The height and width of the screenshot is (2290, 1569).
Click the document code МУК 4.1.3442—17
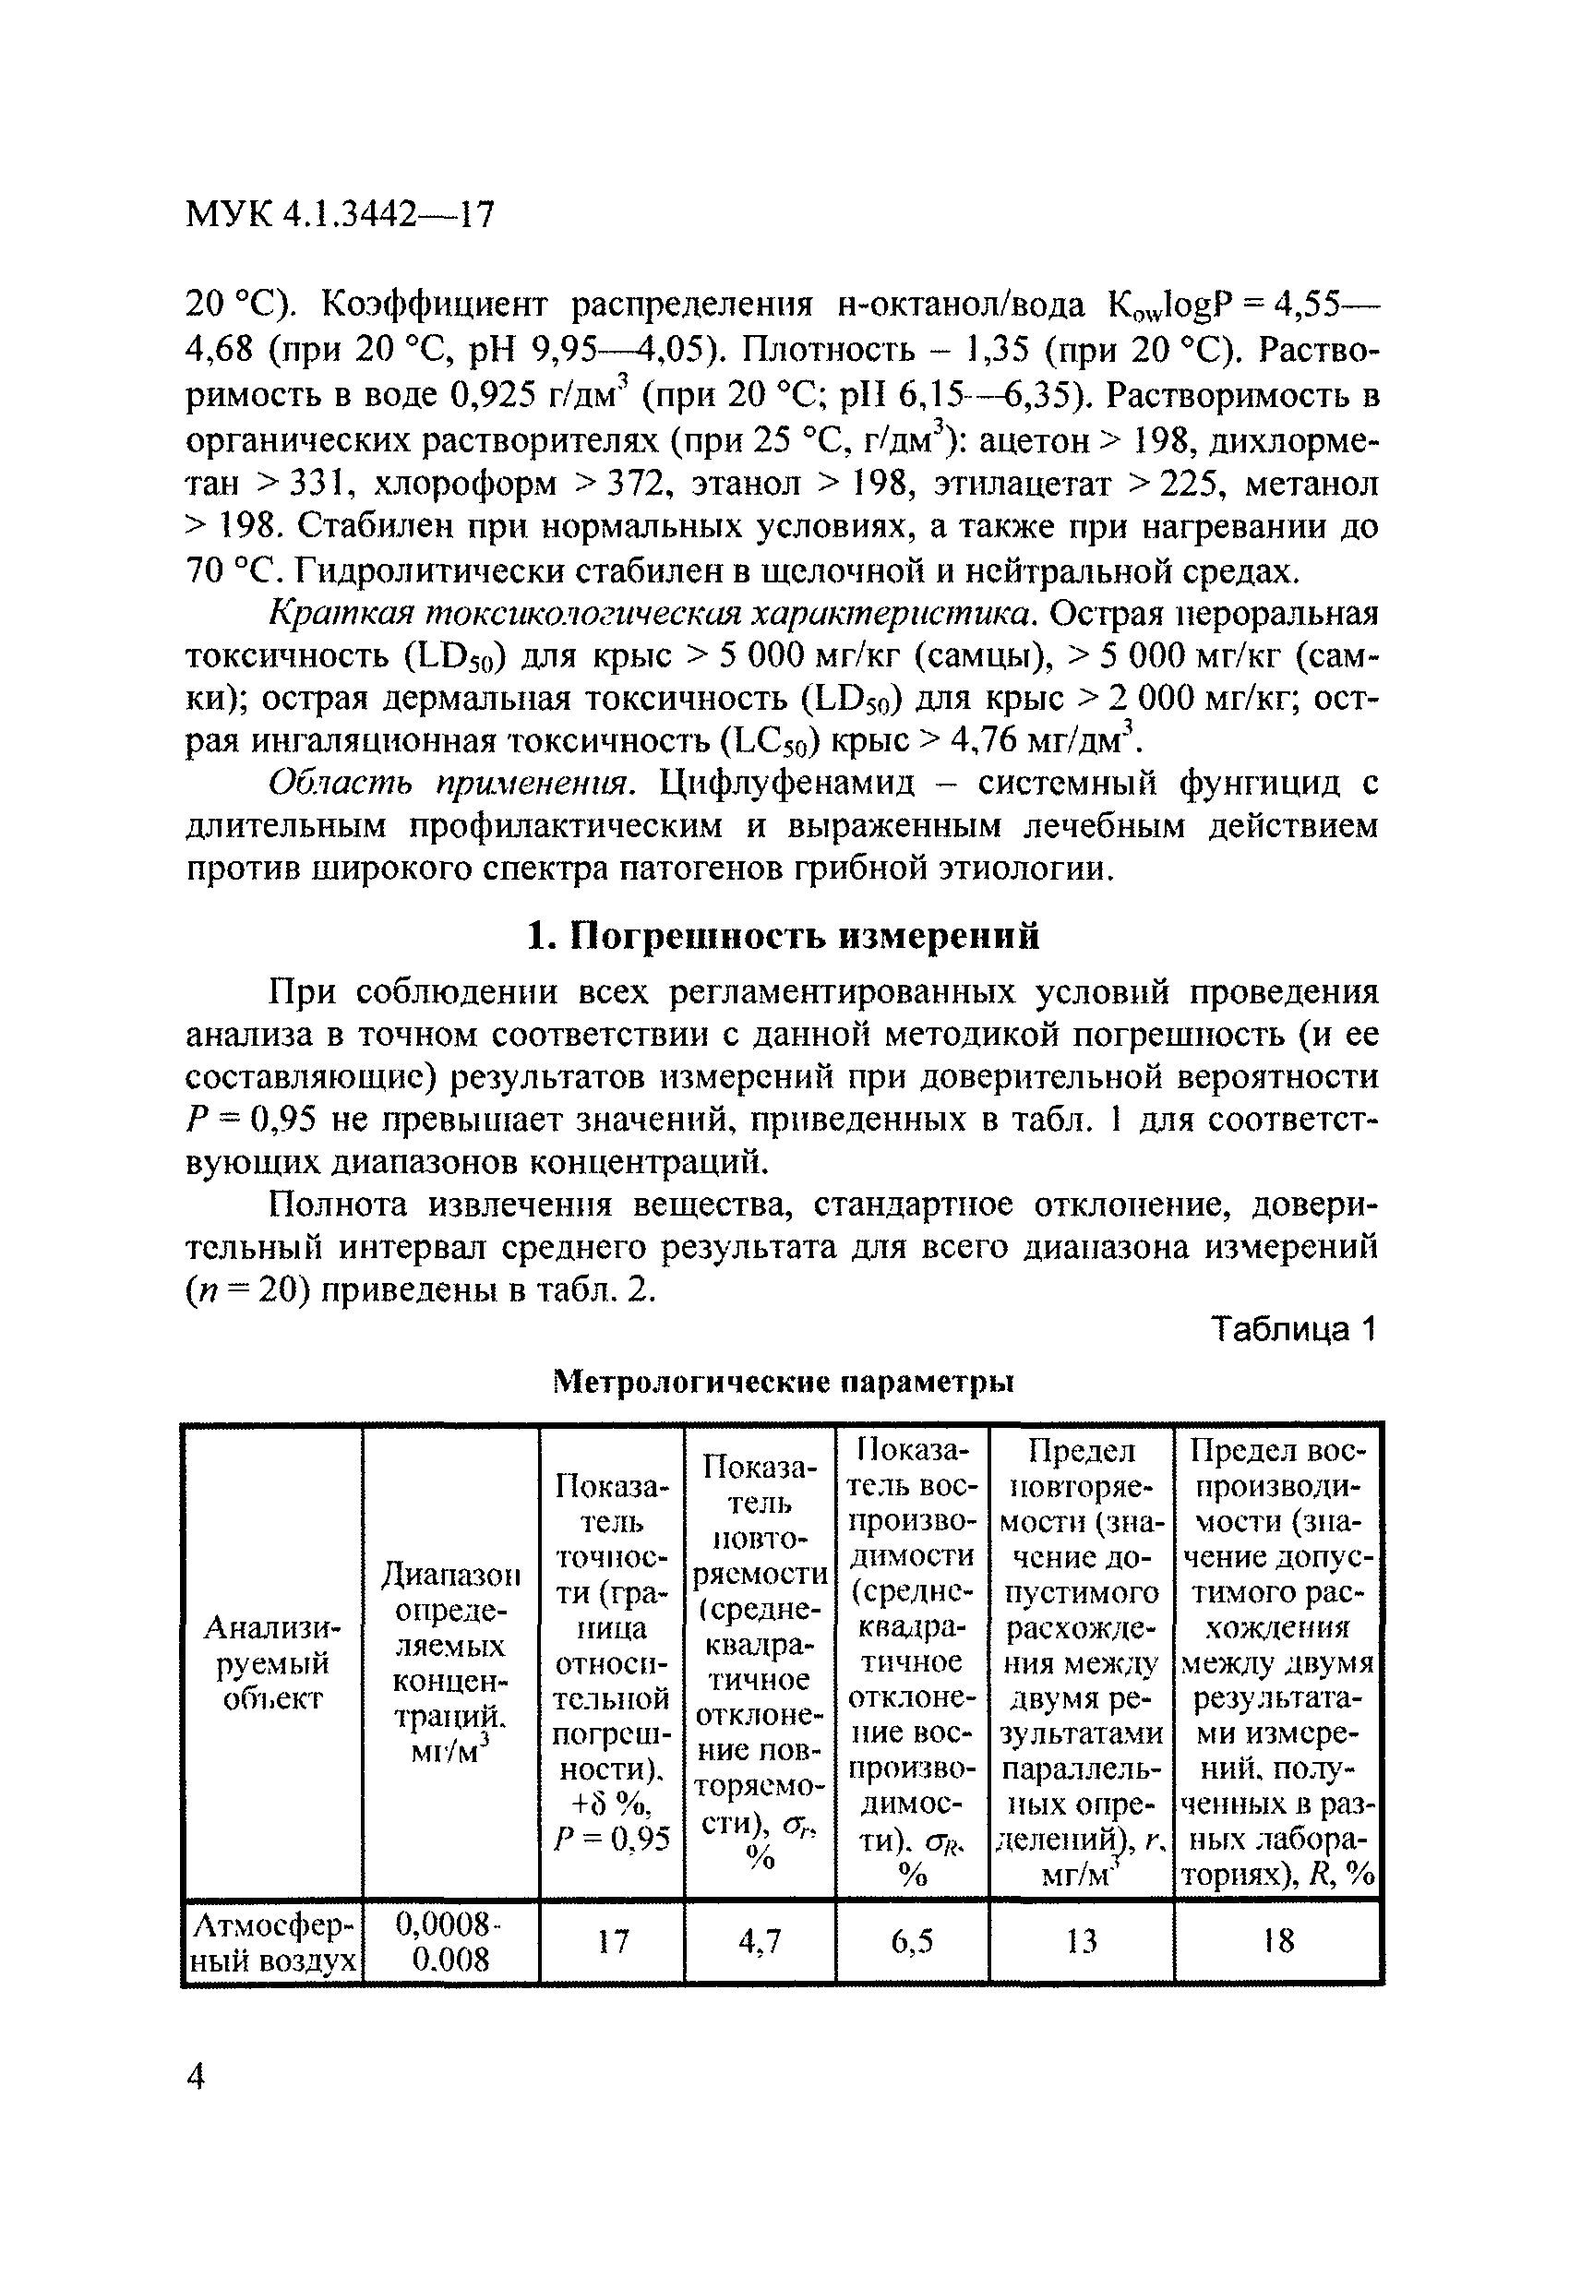coord(339,214)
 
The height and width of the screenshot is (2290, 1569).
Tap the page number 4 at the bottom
coord(196,2077)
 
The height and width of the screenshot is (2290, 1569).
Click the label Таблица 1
coord(1292,1329)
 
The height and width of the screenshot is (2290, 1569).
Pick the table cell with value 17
coord(612,1941)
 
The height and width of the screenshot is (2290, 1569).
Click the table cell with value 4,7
coord(759,1941)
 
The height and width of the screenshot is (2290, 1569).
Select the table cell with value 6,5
coord(912,1941)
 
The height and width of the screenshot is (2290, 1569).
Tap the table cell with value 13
coord(1081,1941)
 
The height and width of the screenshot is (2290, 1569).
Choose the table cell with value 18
coord(1277,1941)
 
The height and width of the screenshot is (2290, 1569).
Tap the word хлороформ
coord(465,484)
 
